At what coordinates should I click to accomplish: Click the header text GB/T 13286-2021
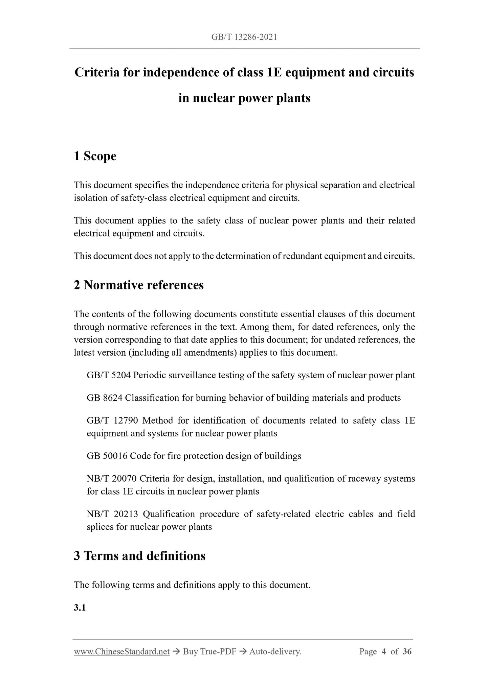tap(244, 37)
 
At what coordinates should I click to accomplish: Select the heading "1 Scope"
tap(95, 156)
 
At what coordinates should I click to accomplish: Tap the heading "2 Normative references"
tap(139, 285)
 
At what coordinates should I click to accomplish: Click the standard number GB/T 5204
tap(109, 375)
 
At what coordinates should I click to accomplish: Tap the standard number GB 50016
tap(107, 456)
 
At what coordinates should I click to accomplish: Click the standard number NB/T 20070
tap(111, 479)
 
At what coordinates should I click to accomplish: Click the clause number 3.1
tap(80, 607)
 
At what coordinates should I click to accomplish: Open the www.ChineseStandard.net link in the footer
tap(121, 651)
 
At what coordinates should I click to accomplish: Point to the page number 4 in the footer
tap(384, 651)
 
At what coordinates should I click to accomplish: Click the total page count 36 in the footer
tap(407, 651)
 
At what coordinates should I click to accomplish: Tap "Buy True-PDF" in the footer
tap(209, 651)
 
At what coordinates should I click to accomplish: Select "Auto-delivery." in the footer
tap(275, 651)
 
